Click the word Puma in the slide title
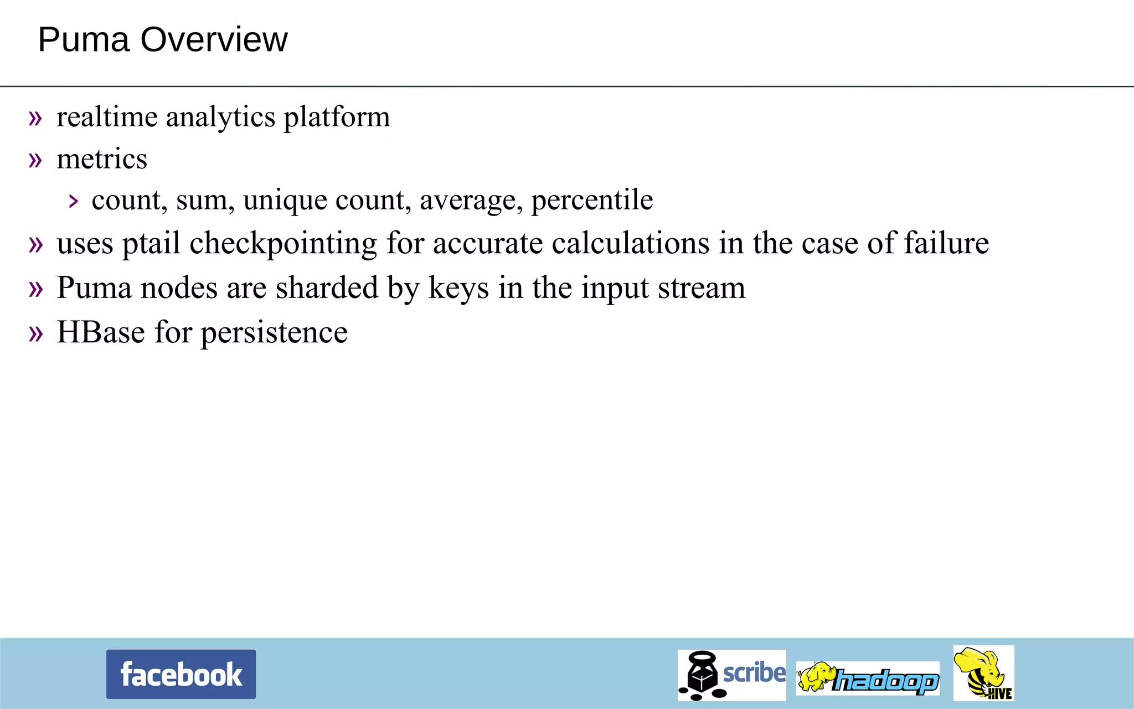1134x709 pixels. pyautogui.click(x=83, y=40)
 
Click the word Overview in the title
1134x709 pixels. pyautogui.click(x=214, y=40)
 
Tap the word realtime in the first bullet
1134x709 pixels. pyautogui.click(x=107, y=117)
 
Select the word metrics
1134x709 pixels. pyautogui.click(x=102, y=160)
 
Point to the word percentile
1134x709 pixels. pyautogui.click(x=592, y=201)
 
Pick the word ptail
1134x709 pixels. pyautogui.click(x=151, y=244)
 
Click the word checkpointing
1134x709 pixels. pyautogui.click(x=283, y=244)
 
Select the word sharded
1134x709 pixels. pyautogui.click(x=327, y=287)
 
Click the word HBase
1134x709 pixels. pyautogui.click(x=101, y=332)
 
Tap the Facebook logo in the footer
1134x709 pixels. pyautogui.click(x=181, y=674)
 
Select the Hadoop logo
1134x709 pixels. pyautogui.click(x=868, y=679)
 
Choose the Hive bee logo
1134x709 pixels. pyautogui.click(x=983, y=673)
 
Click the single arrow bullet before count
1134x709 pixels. pyautogui.click(x=74, y=201)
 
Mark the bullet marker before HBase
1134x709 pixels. pyautogui.click(x=35, y=333)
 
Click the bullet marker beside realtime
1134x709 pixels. pyautogui.click(x=35, y=118)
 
